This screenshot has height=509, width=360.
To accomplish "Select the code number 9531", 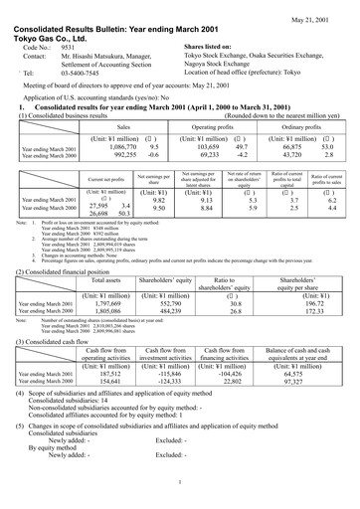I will click(x=69, y=47).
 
